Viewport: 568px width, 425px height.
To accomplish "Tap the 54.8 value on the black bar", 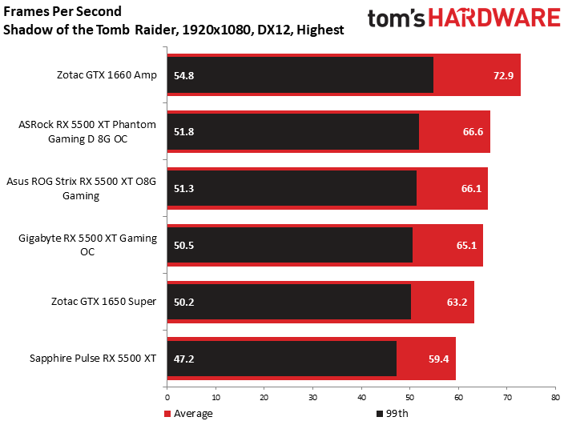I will tap(184, 75).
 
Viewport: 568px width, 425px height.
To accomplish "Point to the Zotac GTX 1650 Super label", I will tap(107, 302).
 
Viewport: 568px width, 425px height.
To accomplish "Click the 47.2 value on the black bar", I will tap(184, 359).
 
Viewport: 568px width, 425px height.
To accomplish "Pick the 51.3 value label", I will tap(184, 189).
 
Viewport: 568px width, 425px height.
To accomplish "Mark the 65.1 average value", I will tap(466, 246).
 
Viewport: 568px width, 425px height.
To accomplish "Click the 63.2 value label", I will tap(457, 302).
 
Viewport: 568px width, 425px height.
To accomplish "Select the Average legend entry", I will tap(189, 414).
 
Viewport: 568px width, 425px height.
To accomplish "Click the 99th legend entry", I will tap(393, 414).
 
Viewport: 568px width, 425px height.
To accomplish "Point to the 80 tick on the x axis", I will tap(554, 396).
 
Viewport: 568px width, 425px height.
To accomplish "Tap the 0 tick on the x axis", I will tap(167, 396).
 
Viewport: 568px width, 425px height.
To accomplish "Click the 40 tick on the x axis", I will tap(361, 396).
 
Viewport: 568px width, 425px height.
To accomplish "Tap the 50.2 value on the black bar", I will tap(184, 302).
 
